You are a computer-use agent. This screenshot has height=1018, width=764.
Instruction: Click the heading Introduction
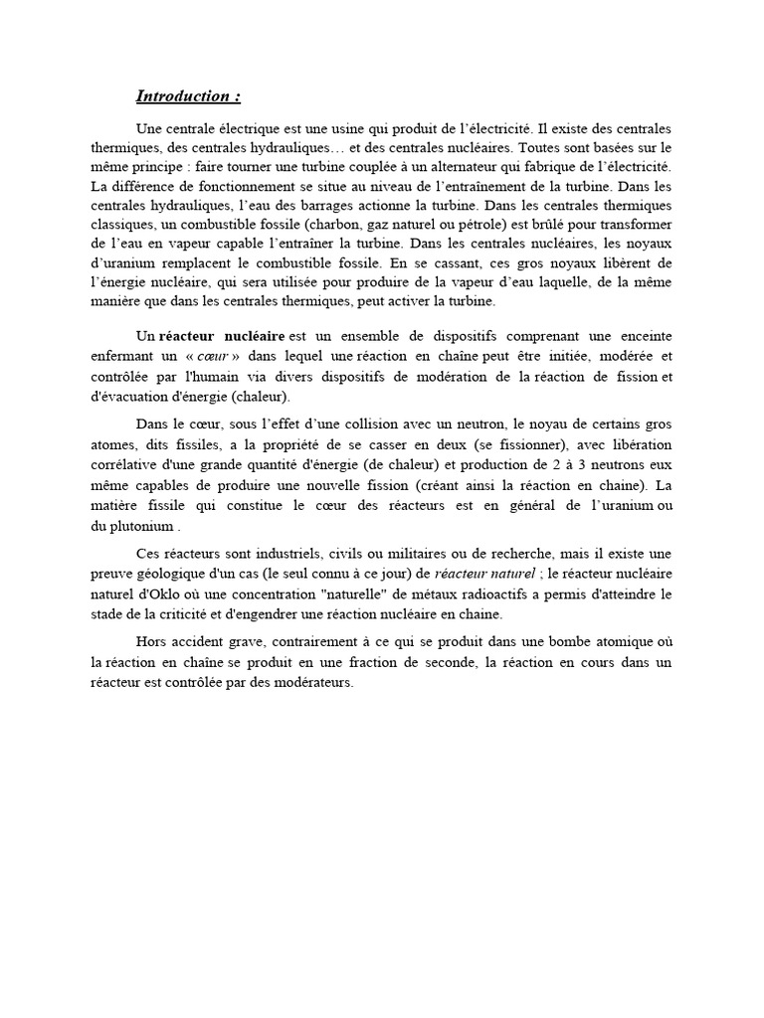[188, 96]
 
